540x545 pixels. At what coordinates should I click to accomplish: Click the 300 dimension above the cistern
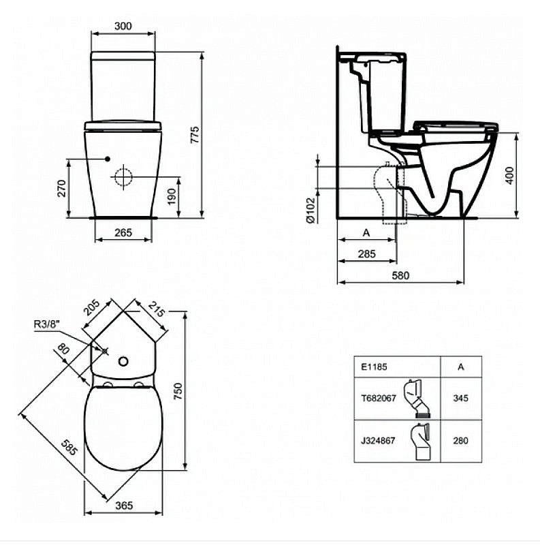click(123, 26)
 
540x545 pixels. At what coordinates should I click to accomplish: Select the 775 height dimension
click(195, 133)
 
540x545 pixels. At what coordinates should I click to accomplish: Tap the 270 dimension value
click(61, 188)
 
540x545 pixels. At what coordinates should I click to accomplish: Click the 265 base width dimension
click(123, 233)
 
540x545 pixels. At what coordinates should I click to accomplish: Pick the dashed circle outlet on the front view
click(124, 177)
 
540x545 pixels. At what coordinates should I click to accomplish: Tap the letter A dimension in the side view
click(366, 232)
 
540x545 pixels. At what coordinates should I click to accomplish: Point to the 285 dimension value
click(366, 253)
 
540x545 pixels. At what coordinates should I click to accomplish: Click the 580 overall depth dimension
click(401, 275)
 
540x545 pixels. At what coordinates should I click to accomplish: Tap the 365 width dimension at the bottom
click(123, 505)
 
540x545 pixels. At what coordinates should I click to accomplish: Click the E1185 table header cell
click(374, 366)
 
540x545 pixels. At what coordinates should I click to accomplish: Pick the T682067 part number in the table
click(378, 399)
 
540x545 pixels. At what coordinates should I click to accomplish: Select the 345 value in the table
click(460, 399)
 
